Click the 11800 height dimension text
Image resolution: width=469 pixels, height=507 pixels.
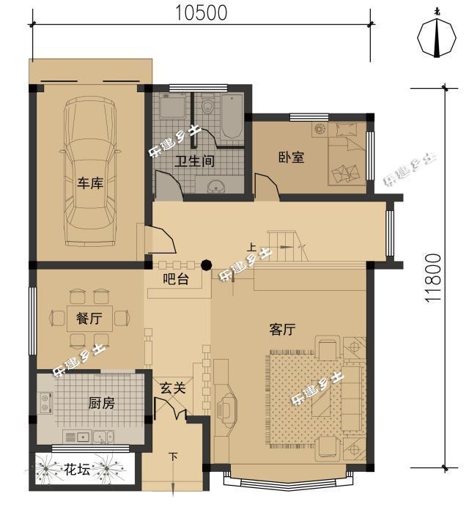434,278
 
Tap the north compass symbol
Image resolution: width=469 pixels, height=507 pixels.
437,36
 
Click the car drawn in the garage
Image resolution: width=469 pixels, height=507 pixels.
90,173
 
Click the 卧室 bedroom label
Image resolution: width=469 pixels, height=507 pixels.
291,157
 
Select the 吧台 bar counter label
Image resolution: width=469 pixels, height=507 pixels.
175,278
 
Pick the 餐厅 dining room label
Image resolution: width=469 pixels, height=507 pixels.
89,319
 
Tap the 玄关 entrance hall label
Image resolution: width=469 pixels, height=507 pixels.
174,388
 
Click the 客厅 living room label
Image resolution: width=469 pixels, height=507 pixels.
282,330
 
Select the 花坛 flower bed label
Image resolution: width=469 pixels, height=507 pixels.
77,469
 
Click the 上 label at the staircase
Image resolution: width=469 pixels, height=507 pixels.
251,247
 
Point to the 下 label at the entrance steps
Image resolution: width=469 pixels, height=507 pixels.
173,457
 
